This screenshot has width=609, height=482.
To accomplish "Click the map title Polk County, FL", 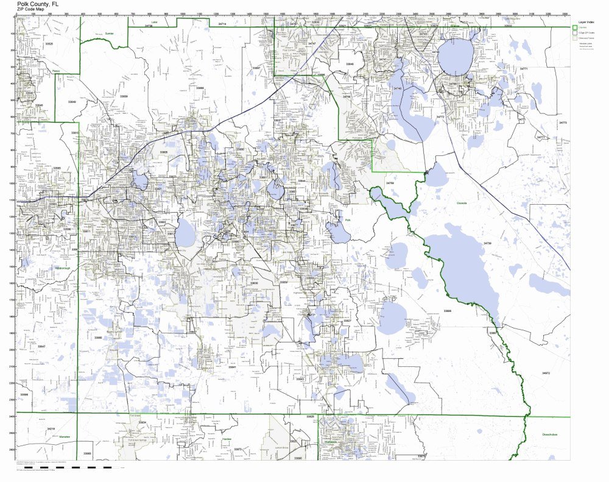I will tap(38, 3).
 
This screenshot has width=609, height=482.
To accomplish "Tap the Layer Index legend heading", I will tap(585, 22).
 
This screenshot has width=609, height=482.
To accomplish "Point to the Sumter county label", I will tap(110, 34).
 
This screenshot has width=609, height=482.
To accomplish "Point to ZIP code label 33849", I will tap(72, 102).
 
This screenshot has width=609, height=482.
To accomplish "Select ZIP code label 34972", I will tap(546, 372).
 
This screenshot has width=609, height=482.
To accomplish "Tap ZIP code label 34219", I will tap(51, 429).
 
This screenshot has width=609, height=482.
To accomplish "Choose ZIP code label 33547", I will tap(41, 347).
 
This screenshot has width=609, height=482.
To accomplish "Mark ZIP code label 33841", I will tap(232, 367).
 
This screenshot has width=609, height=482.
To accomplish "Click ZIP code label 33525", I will tap(49, 44).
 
